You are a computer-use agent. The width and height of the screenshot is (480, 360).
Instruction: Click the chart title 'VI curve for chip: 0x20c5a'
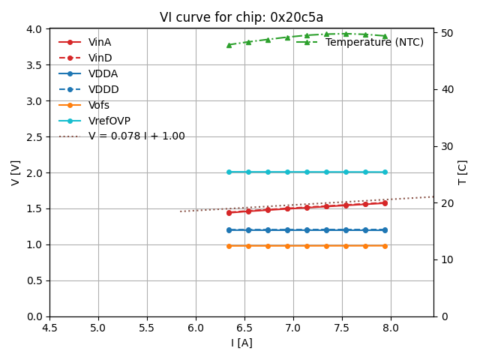(241, 17)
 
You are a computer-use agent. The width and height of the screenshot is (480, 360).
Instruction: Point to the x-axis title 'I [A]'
(241, 343)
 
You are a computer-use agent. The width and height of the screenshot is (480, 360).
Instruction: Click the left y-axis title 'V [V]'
(16, 172)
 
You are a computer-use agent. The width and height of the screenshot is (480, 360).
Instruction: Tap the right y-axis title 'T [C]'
(463, 172)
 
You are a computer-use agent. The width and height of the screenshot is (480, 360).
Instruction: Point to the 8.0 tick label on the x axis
(391, 328)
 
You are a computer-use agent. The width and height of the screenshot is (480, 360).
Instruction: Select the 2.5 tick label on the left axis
(34, 136)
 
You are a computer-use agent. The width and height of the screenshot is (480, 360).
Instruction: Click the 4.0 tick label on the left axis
(34, 29)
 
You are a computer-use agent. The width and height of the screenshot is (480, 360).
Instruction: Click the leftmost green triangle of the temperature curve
(229, 45)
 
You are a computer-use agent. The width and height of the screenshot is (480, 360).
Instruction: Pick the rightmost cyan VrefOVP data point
(385, 172)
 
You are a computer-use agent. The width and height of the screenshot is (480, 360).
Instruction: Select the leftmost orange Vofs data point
(229, 245)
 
